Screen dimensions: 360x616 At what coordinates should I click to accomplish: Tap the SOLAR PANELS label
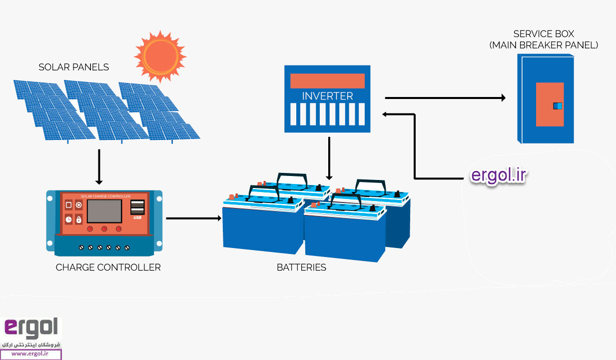tap(73, 67)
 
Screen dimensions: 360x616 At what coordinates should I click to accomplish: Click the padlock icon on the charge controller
tap(79, 219)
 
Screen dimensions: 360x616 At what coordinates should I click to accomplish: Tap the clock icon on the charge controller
tap(68, 219)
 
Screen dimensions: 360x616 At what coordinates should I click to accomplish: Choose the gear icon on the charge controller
tap(79, 205)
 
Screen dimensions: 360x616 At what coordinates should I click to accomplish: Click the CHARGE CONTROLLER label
tap(108, 267)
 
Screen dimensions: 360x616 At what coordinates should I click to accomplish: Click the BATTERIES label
tap(301, 267)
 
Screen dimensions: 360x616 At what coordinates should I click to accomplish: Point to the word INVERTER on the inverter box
tap(327, 96)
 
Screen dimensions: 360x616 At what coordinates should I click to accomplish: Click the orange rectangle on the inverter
tap(327, 80)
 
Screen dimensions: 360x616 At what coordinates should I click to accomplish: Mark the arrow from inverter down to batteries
tap(329, 157)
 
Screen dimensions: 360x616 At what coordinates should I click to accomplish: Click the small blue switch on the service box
tap(557, 105)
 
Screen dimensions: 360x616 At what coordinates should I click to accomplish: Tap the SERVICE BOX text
tap(544, 34)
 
